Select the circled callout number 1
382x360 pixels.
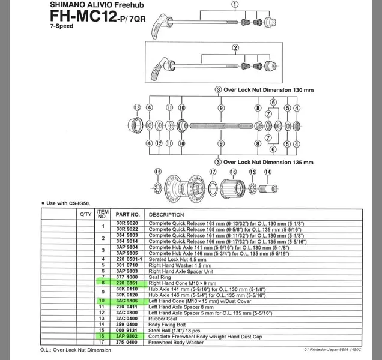pos(235,5)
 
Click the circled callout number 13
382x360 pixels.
pos(138,108)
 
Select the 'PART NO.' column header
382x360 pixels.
pos(127,214)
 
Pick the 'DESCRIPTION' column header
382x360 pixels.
pos(167,214)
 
